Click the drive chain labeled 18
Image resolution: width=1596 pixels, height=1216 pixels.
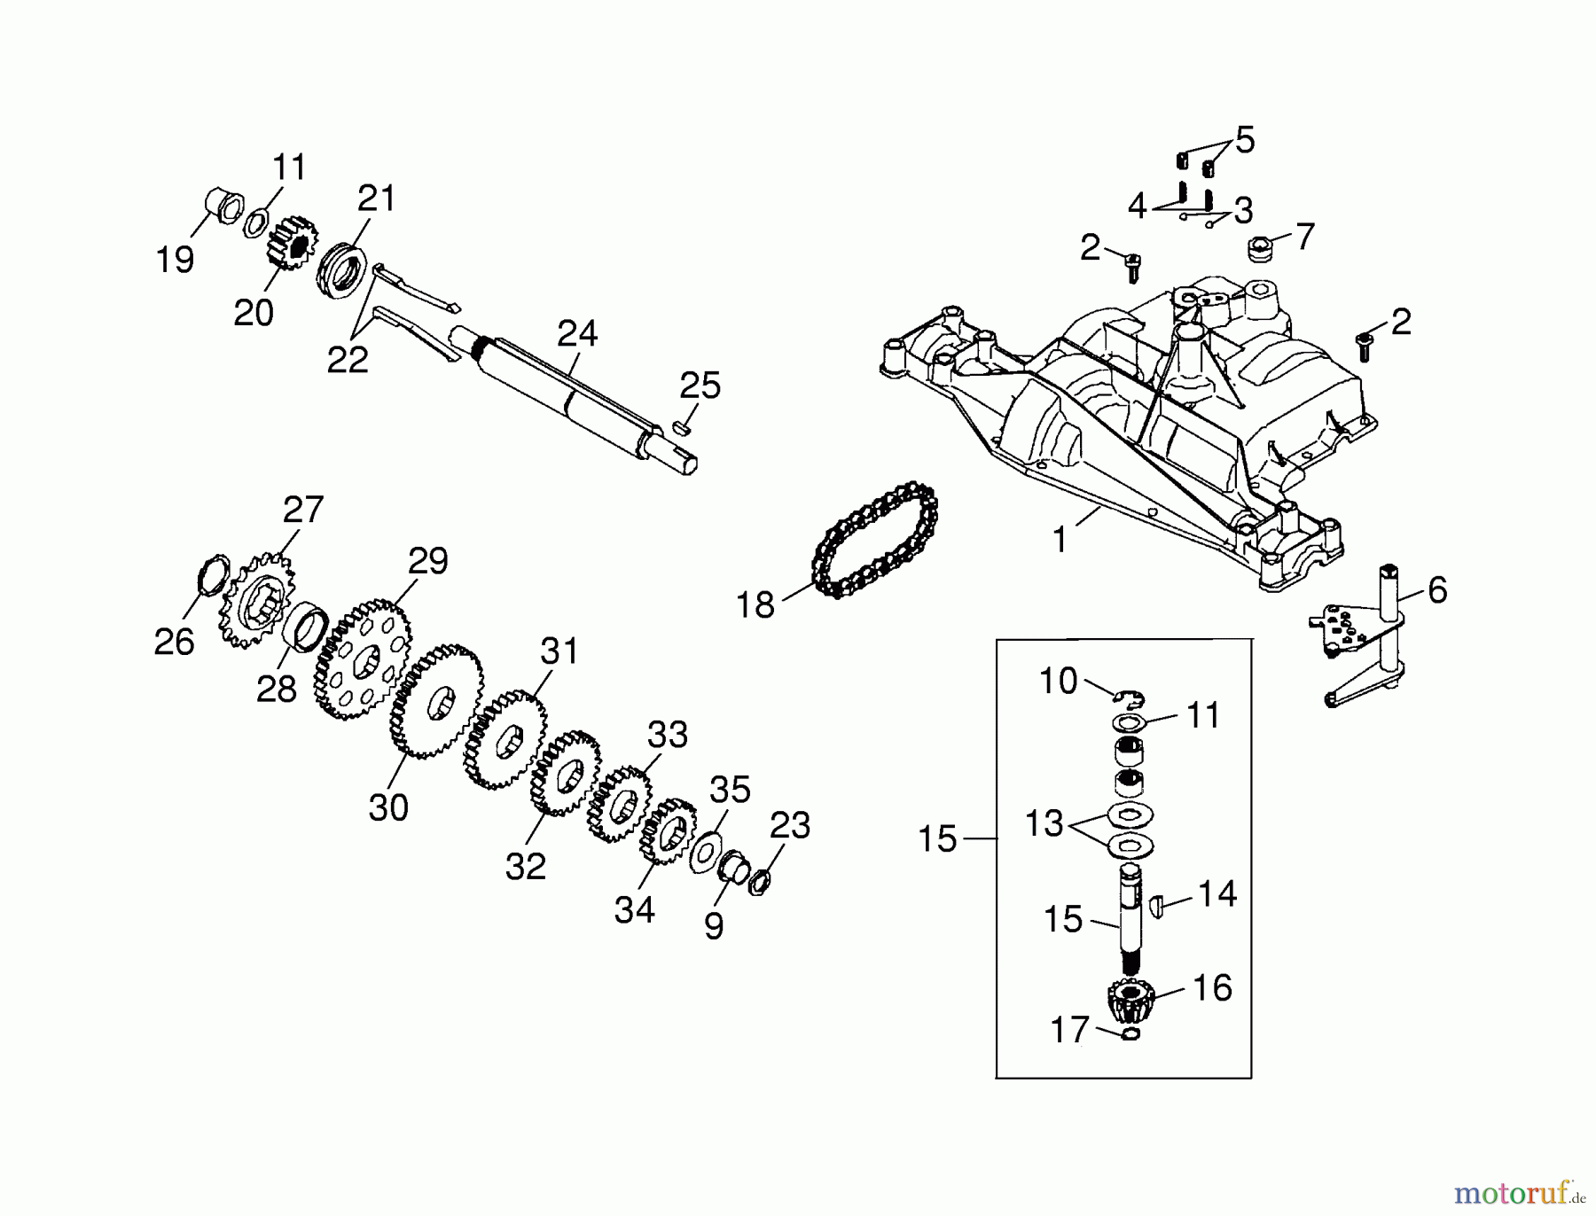(874, 541)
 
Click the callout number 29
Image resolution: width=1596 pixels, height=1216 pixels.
(428, 561)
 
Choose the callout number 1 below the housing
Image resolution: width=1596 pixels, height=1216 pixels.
(1060, 540)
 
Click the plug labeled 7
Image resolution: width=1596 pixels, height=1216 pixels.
(1260, 249)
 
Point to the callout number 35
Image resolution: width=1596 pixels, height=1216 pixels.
(730, 790)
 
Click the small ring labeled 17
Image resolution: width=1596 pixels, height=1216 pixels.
(1130, 1034)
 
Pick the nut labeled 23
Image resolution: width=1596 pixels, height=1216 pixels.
(759, 883)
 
